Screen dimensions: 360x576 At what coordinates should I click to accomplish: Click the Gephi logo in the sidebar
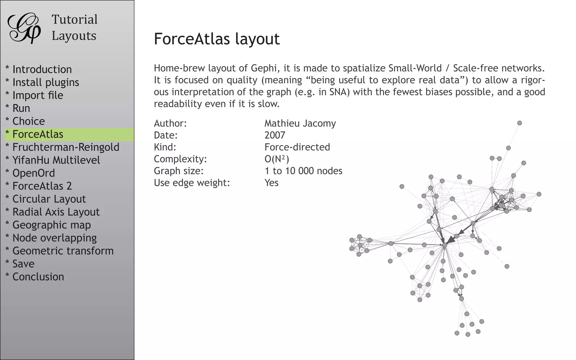click(24, 28)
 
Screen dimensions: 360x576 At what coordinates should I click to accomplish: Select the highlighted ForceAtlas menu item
click(38, 134)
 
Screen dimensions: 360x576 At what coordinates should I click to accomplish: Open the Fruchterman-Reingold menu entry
click(66, 147)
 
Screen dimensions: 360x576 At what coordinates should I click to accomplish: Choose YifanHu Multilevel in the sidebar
click(56, 160)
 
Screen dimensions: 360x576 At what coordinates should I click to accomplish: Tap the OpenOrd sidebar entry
click(33, 173)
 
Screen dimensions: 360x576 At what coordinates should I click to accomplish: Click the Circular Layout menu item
click(49, 199)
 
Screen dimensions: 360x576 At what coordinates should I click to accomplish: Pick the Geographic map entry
click(51, 225)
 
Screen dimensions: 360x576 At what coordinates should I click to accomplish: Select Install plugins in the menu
click(46, 82)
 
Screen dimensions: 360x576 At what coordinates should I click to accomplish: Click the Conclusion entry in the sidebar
click(38, 277)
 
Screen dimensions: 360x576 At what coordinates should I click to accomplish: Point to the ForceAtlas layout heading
click(217, 39)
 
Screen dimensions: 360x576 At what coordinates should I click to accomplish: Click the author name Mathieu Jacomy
click(300, 123)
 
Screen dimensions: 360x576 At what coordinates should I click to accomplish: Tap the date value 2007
click(275, 135)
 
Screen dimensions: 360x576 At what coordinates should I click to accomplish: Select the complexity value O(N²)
click(277, 159)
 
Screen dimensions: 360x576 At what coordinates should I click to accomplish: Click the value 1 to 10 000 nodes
click(303, 171)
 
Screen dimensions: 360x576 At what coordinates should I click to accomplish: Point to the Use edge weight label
click(192, 183)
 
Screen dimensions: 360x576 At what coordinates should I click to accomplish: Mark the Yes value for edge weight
click(271, 183)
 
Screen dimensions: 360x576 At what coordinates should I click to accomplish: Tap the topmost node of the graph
click(519, 123)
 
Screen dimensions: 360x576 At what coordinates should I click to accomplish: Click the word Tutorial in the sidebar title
click(75, 20)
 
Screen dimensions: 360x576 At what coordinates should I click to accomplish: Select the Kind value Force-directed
click(297, 147)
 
